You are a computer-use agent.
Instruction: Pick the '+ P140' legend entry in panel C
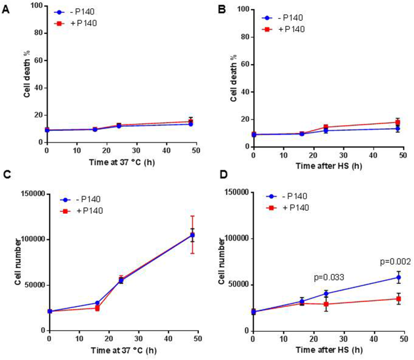coord(85,210)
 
